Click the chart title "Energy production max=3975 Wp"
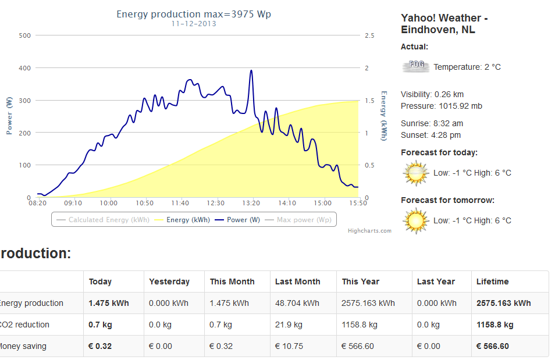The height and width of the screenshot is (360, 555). (194, 14)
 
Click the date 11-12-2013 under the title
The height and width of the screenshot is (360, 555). (194, 24)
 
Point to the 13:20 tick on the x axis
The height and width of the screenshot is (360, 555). (251, 203)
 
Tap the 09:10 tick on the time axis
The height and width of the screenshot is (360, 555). (73, 203)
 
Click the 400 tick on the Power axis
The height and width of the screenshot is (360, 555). (24, 68)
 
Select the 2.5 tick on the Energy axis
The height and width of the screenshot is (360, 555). (369, 35)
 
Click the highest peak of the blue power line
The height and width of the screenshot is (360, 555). (251, 71)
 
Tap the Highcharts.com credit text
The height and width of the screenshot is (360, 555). (369, 231)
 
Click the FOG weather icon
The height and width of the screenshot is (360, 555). (415, 66)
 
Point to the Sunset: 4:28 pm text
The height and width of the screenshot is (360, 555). (431, 135)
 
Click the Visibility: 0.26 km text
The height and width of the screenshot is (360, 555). (432, 94)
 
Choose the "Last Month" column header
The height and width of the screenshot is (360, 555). (297, 281)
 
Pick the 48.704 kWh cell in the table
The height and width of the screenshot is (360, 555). (297, 303)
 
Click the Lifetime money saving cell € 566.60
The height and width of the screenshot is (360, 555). (492, 346)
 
